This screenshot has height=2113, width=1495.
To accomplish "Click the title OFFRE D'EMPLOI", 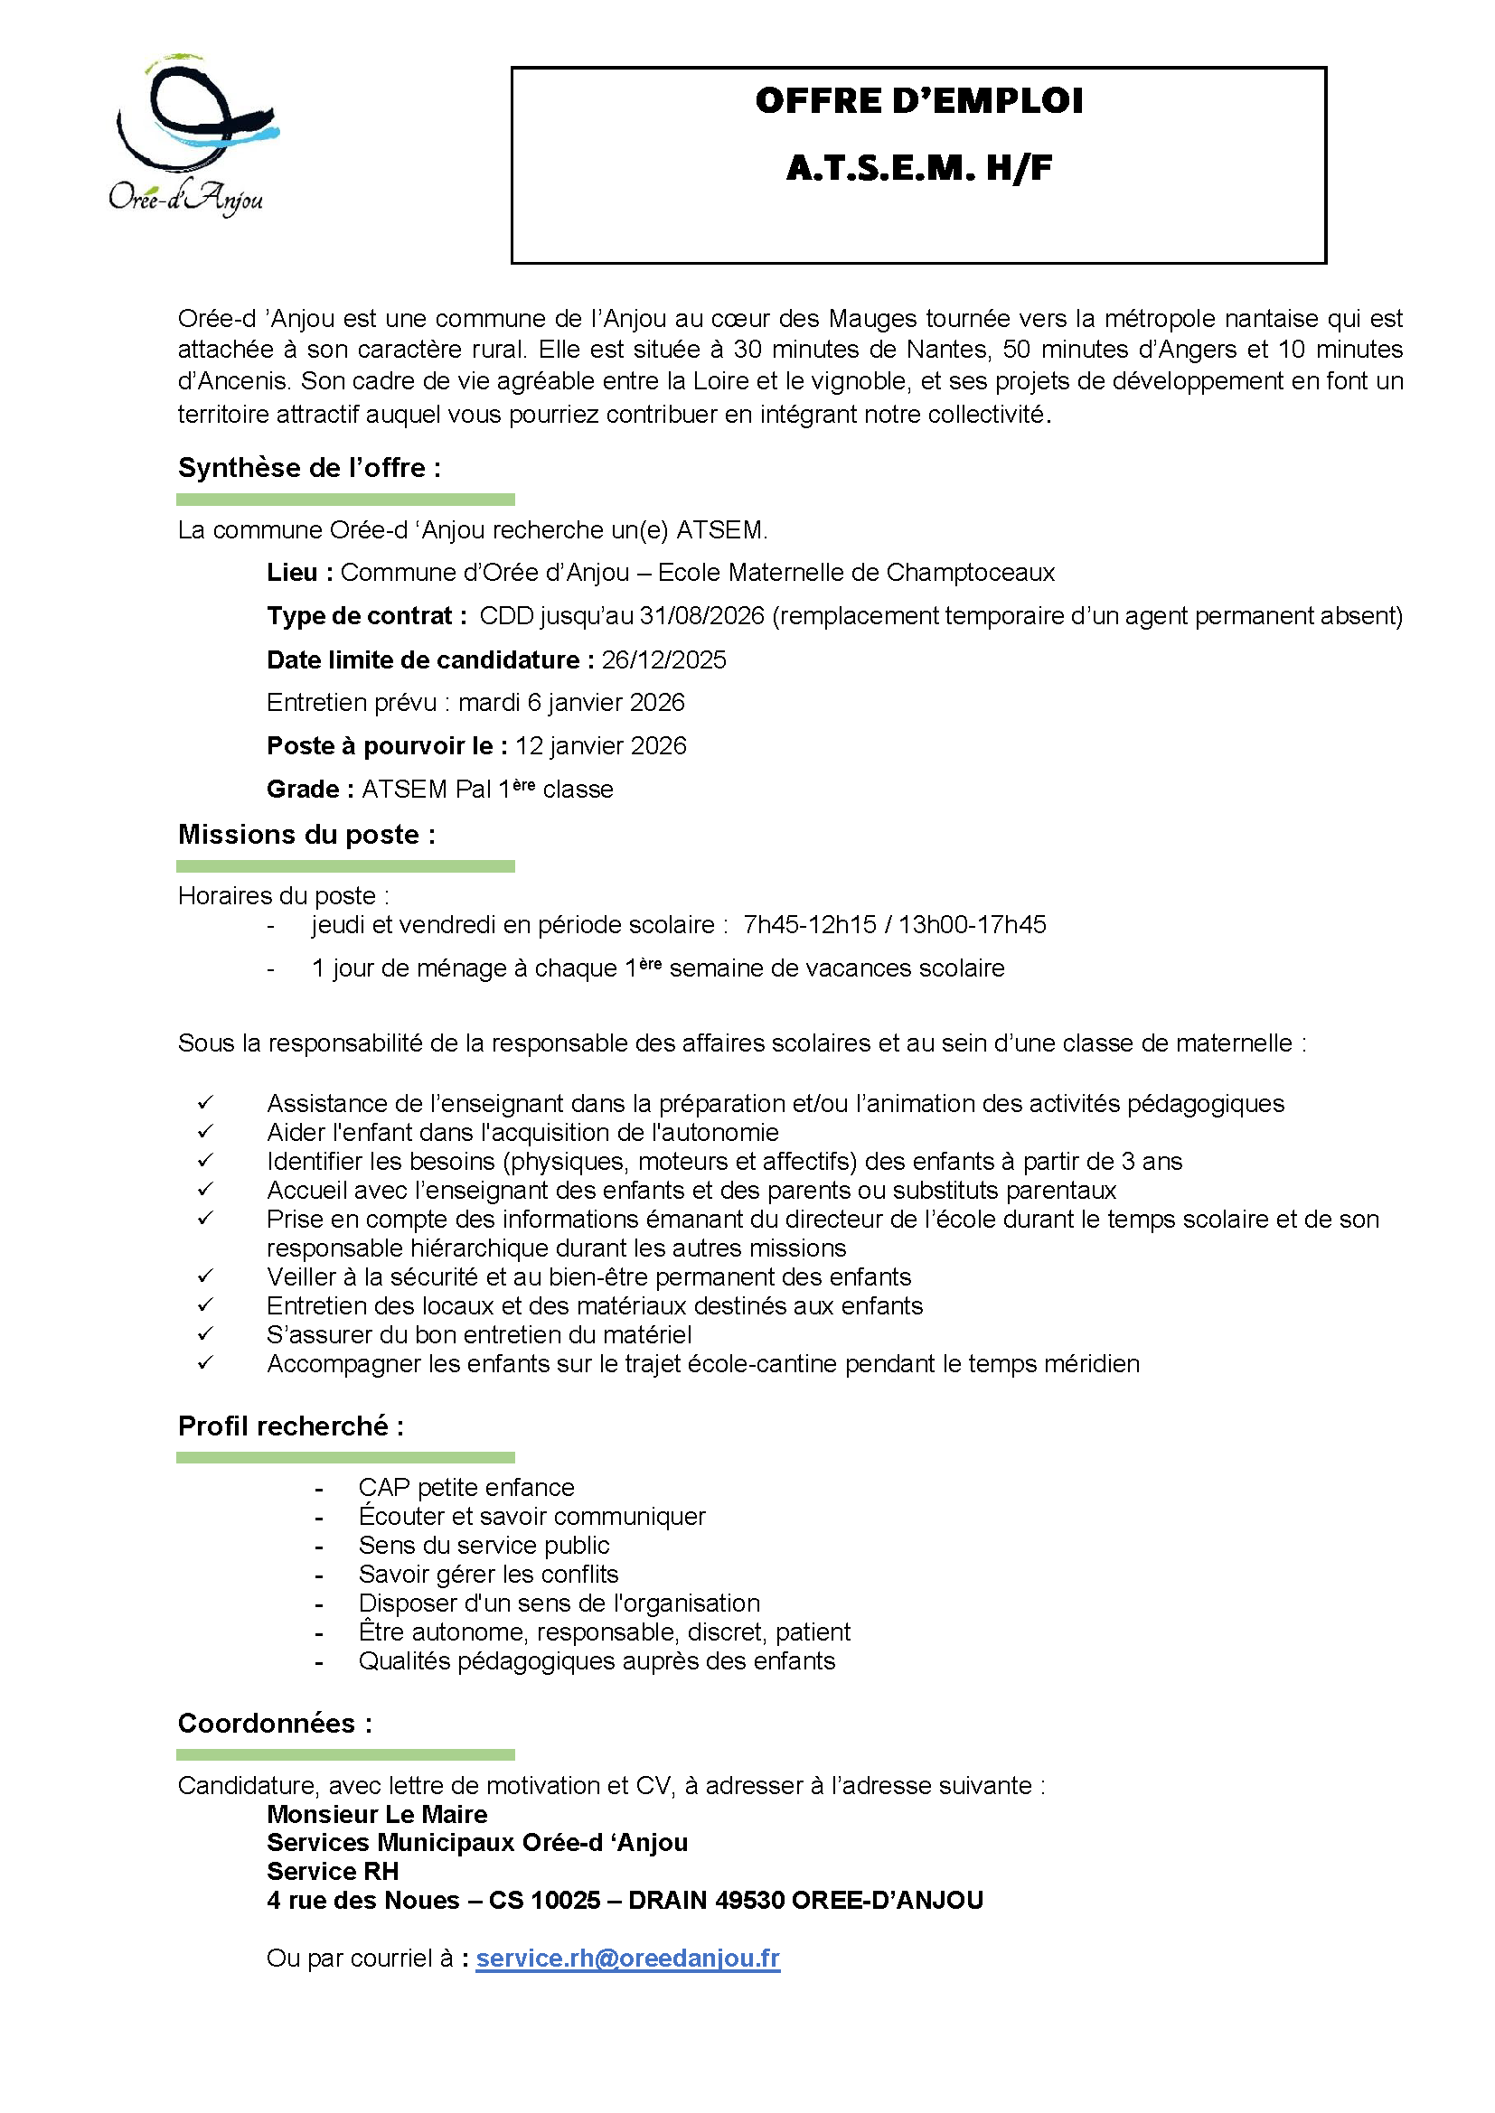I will pyautogui.click(x=917, y=101).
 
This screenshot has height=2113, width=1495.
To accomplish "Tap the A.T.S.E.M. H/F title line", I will pyautogui.click(x=917, y=168).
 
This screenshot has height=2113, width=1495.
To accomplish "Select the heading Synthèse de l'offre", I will pyautogui.click(x=308, y=468).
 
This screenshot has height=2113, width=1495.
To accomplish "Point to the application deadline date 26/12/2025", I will pyautogui.click(x=663, y=659).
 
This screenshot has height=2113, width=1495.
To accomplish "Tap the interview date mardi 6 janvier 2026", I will pyautogui.click(x=570, y=703).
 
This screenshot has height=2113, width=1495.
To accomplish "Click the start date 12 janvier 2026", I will pyautogui.click(x=600, y=746).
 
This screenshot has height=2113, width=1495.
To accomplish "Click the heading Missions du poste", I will pyautogui.click(x=306, y=835).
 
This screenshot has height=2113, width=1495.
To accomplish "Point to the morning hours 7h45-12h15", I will pyautogui.click(x=809, y=925).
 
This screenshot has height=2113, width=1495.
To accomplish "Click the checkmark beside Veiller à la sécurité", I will pyautogui.click(x=205, y=1276).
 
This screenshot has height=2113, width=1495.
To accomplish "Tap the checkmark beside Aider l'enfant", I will pyautogui.click(x=205, y=1131).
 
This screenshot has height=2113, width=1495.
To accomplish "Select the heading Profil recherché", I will pyautogui.click(x=290, y=1426).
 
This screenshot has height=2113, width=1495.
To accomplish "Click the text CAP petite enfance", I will pyautogui.click(x=465, y=1488).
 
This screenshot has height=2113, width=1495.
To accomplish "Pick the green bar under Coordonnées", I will pyautogui.click(x=345, y=1755).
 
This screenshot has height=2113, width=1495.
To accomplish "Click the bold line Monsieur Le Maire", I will pyautogui.click(x=377, y=1815).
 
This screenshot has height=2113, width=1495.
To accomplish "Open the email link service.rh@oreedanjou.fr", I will pyautogui.click(x=627, y=1959).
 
